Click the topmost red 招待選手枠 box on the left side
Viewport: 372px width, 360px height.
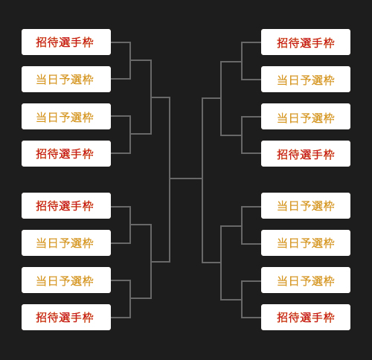coord(66,42)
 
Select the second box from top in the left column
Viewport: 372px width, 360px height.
coord(66,79)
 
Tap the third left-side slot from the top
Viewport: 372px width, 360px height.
coord(66,116)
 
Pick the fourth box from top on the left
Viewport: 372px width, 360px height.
coord(66,153)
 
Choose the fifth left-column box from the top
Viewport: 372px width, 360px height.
coord(66,205)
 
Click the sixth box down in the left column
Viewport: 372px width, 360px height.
coord(66,242)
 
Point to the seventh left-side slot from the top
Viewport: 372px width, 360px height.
coord(66,280)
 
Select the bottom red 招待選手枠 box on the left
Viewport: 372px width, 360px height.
coord(66,317)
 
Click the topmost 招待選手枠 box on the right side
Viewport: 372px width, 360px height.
coord(306,42)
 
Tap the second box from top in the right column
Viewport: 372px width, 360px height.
coord(306,79)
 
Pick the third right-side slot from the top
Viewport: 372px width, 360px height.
coord(306,116)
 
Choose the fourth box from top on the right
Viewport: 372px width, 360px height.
coord(306,153)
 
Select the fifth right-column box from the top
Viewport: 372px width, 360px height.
coord(306,205)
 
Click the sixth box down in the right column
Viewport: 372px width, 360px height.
coord(306,242)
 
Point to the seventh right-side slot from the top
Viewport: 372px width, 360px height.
coord(306,280)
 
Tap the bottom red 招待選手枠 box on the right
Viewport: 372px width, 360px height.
coord(306,317)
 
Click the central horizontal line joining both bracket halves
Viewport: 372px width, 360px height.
coord(186,179)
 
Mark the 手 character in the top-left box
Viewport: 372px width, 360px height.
coord(76,42)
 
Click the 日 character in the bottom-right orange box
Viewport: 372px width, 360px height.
coord(294,281)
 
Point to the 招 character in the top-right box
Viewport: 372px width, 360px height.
coord(282,43)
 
